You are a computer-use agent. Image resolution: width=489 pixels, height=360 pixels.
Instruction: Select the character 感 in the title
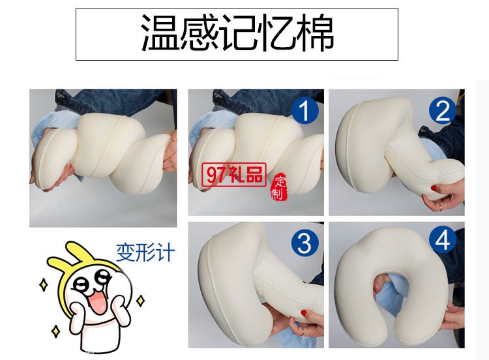coord(200,34)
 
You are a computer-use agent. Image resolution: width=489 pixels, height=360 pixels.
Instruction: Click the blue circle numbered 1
coord(304,110)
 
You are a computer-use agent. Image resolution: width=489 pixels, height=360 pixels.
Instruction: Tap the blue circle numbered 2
coord(444,110)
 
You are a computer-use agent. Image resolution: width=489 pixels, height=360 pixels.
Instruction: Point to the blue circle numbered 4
coord(444,241)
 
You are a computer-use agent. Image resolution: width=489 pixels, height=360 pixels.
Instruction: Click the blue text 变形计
coord(145,252)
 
